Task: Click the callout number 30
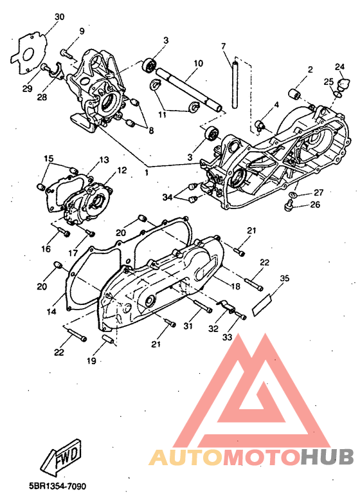[59, 17]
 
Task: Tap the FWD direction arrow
[61, 457]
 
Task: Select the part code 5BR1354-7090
[57, 486]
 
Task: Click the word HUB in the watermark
[328, 457]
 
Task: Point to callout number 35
[285, 278]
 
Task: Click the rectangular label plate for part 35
[263, 305]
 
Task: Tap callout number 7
[223, 46]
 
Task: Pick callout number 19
[91, 361]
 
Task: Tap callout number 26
[315, 205]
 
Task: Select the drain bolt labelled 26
[288, 205]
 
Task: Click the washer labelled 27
[292, 194]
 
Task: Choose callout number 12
[122, 171]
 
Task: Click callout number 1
[147, 174]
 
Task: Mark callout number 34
[167, 198]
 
